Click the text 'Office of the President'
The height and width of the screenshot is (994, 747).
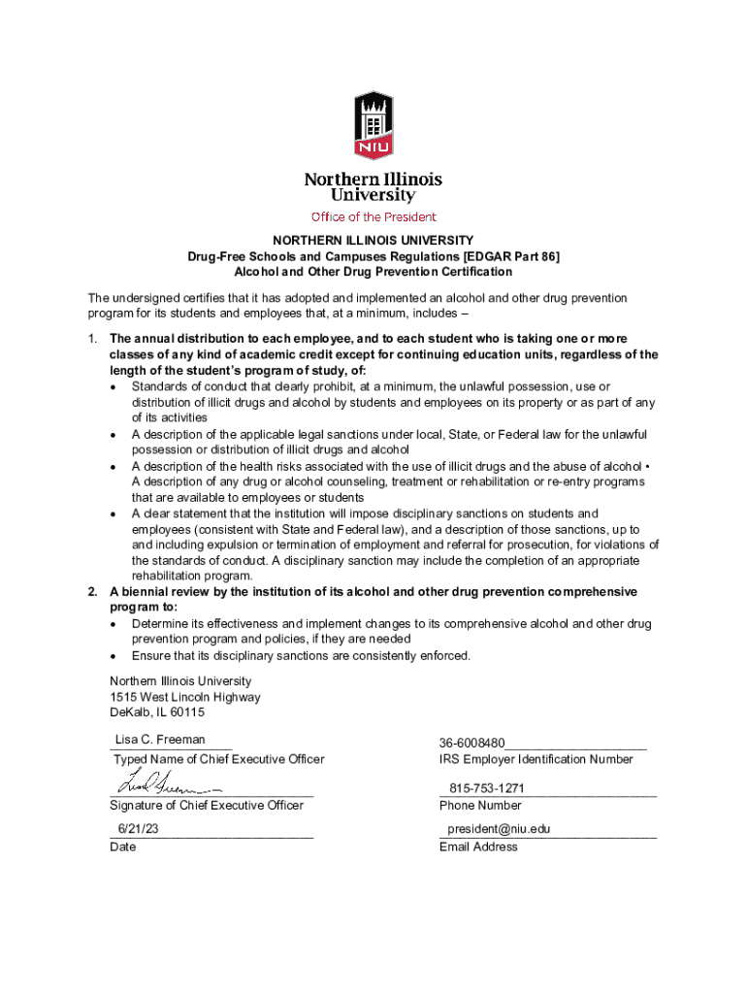pos(373,216)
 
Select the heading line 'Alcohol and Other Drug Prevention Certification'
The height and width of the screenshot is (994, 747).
pos(373,271)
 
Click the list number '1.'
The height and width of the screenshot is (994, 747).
pos(93,340)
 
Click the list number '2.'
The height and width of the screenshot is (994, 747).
pos(93,592)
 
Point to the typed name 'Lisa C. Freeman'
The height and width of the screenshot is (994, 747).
pos(160,740)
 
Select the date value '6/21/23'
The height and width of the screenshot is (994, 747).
pos(138,829)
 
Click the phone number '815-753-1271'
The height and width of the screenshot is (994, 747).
pos(488,789)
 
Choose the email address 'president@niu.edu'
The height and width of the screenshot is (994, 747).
pos(499,830)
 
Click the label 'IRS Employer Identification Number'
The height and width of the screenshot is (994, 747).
pos(536,759)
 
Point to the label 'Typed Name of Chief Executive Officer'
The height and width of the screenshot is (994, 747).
pos(219,759)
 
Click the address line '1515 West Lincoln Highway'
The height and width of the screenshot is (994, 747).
pos(184,697)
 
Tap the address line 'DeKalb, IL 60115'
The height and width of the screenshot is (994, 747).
pos(157,712)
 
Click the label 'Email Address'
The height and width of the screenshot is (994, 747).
pos(478,846)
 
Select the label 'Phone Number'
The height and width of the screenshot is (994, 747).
pos(480,805)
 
